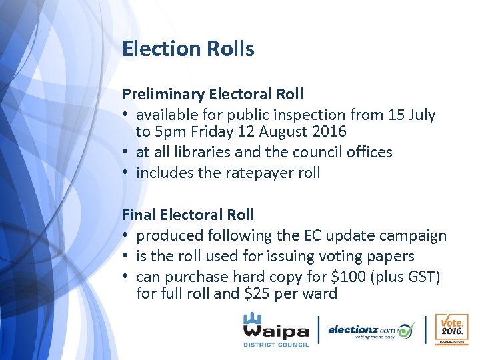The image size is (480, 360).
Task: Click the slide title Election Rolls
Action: point(188,49)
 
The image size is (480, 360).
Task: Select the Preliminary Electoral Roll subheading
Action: point(213,94)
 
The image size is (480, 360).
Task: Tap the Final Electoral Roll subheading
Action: point(188,215)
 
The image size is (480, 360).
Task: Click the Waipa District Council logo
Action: point(275,329)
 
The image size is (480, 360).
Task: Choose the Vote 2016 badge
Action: point(451,329)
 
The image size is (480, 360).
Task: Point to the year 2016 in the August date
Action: point(329,131)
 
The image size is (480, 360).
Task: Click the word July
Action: point(422,115)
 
